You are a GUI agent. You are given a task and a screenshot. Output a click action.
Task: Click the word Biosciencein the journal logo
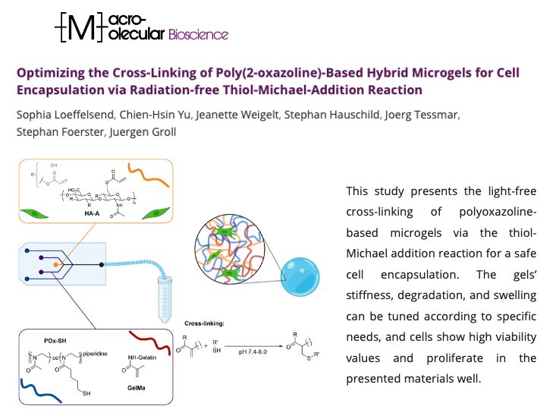[x=198, y=34]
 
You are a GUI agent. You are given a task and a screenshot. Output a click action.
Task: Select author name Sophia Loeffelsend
[x=65, y=115]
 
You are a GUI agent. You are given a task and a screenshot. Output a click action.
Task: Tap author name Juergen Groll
[x=143, y=132]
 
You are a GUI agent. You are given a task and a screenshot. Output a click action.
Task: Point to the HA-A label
[x=92, y=213]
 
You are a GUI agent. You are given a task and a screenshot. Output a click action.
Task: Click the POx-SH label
[x=55, y=341]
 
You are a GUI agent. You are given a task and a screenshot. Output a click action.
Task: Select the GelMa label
[x=137, y=388]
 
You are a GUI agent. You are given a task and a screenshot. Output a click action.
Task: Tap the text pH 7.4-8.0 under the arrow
[x=253, y=351]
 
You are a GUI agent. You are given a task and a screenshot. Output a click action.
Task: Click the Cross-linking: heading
[x=204, y=323]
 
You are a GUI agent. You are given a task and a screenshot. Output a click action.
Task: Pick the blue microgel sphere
[x=300, y=277]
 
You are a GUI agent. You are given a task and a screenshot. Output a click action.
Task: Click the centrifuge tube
[x=165, y=300]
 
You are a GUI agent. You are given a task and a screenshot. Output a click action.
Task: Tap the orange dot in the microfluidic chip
[x=55, y=265]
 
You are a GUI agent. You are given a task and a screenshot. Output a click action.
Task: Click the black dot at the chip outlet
[x=102, y=265]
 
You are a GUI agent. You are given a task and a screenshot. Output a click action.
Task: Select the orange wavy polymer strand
[x=148, y=175]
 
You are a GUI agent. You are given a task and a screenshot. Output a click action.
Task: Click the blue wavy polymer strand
[x=41, y=391]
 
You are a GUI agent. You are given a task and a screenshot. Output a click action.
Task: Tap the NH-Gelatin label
[x=142, y=358]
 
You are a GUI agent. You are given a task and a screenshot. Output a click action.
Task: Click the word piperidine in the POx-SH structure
[x=95, y=354]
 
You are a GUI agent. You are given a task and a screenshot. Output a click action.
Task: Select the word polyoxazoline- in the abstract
[x=498, y=212]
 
